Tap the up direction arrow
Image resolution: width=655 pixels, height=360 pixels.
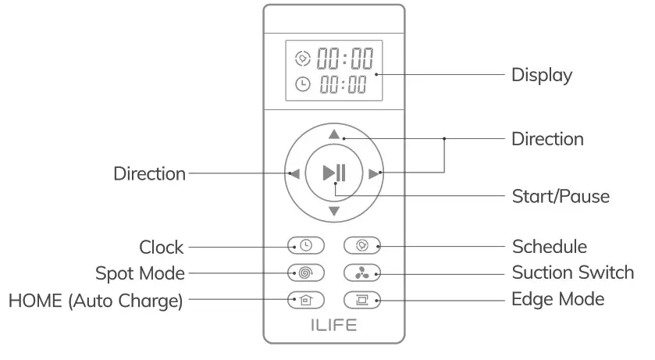(x=334, y=134)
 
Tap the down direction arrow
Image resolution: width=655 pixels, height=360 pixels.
(x=334, y=212)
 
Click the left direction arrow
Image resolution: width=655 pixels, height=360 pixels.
(x=294, y=173)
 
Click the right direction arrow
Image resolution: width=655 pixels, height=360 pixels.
(x=374, y=173)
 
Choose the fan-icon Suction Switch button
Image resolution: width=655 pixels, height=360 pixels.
(x=362, y=273)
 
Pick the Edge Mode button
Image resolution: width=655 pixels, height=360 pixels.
(x=362, y=299)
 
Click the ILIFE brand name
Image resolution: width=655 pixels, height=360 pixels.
(x=333, y=326)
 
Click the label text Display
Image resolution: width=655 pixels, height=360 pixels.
(x=542, y=76)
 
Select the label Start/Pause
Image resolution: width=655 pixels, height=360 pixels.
(x=560, y=195)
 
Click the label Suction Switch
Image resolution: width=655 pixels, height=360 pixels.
(x=573, y=273)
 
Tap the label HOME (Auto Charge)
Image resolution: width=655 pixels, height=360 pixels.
(x=96, y=300)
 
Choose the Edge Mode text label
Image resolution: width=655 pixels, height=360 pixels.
(x=557, y=299)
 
